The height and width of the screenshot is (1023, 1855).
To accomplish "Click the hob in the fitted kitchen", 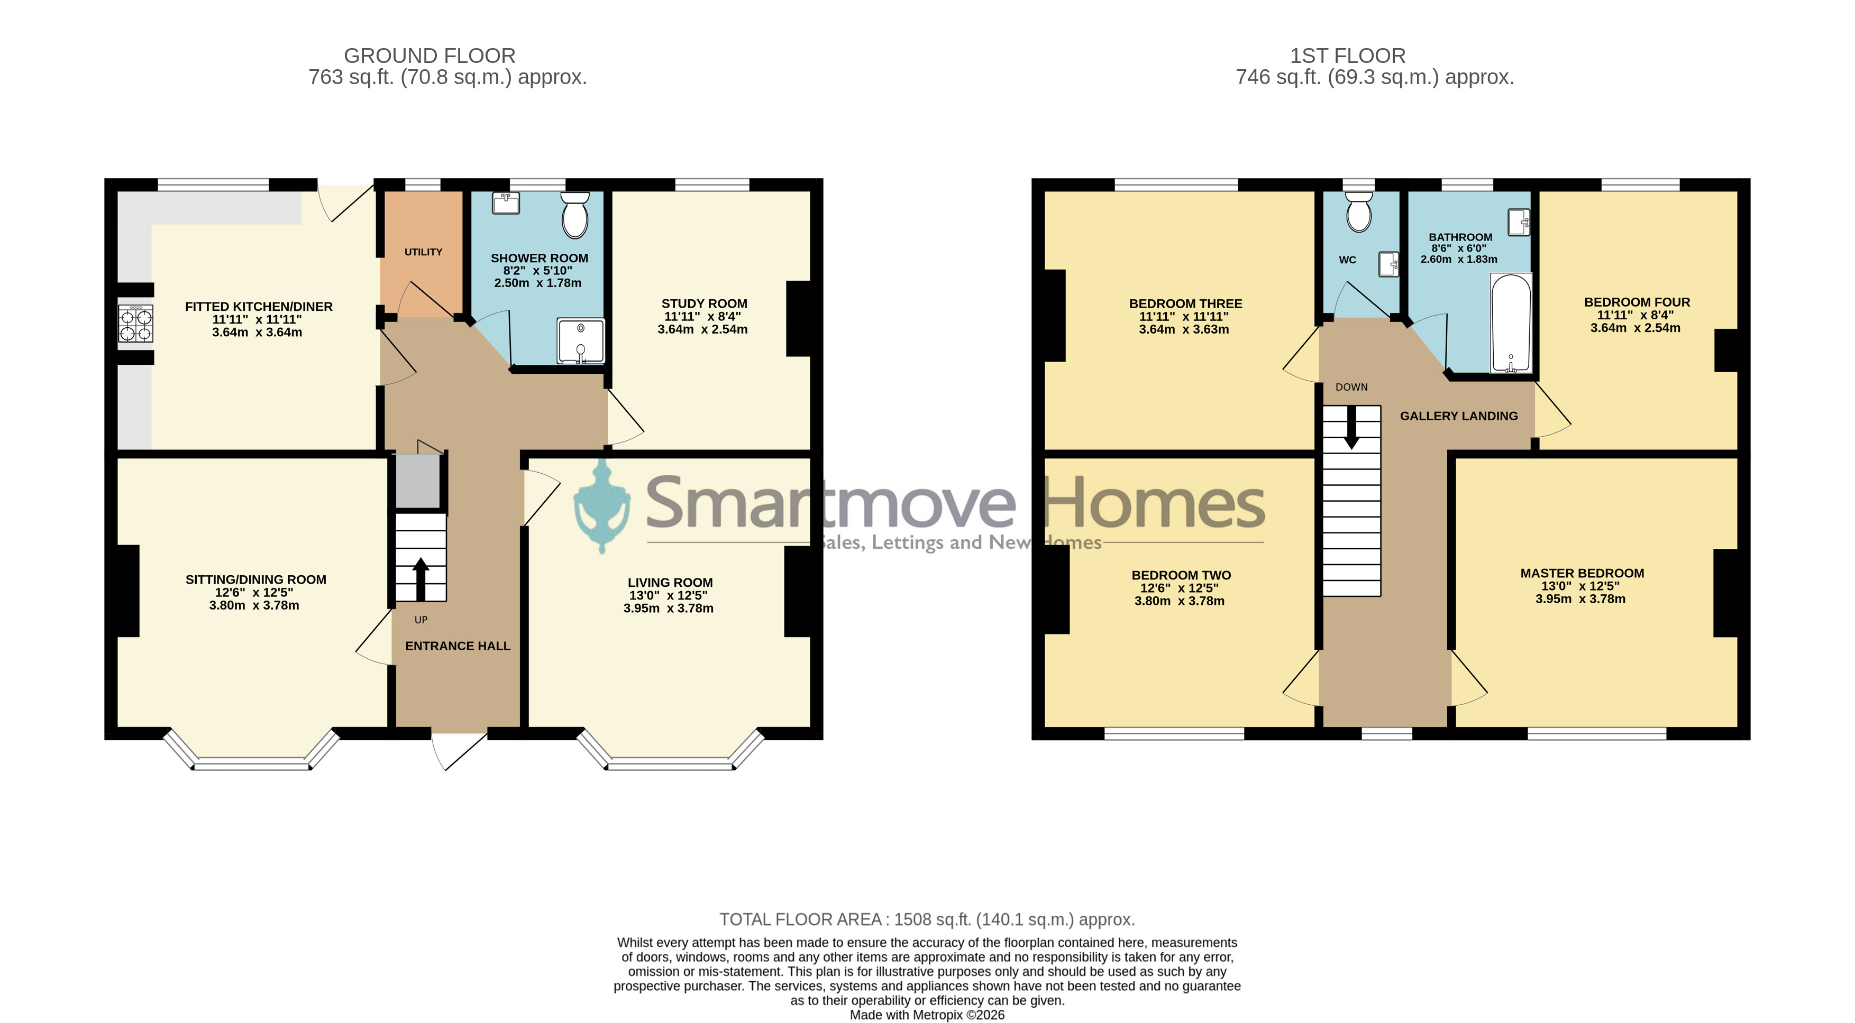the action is [x=136, y=323].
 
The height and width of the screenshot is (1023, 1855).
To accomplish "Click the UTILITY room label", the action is [x=424, y=252].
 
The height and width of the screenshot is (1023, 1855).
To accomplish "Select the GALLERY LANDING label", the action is [x=1459, y=416].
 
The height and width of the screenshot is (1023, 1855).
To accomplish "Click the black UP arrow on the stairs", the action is [x=421, y=579].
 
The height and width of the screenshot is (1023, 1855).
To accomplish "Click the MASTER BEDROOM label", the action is [x=1582, y=574].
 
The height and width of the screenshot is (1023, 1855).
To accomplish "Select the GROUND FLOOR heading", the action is [x=430, y=56].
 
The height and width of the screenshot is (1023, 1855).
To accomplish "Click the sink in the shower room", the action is [x=506, y=203].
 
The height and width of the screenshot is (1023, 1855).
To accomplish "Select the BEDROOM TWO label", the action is [x=1181, y=575].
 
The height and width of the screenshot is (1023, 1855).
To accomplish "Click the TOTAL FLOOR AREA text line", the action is [x=927, y=919].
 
